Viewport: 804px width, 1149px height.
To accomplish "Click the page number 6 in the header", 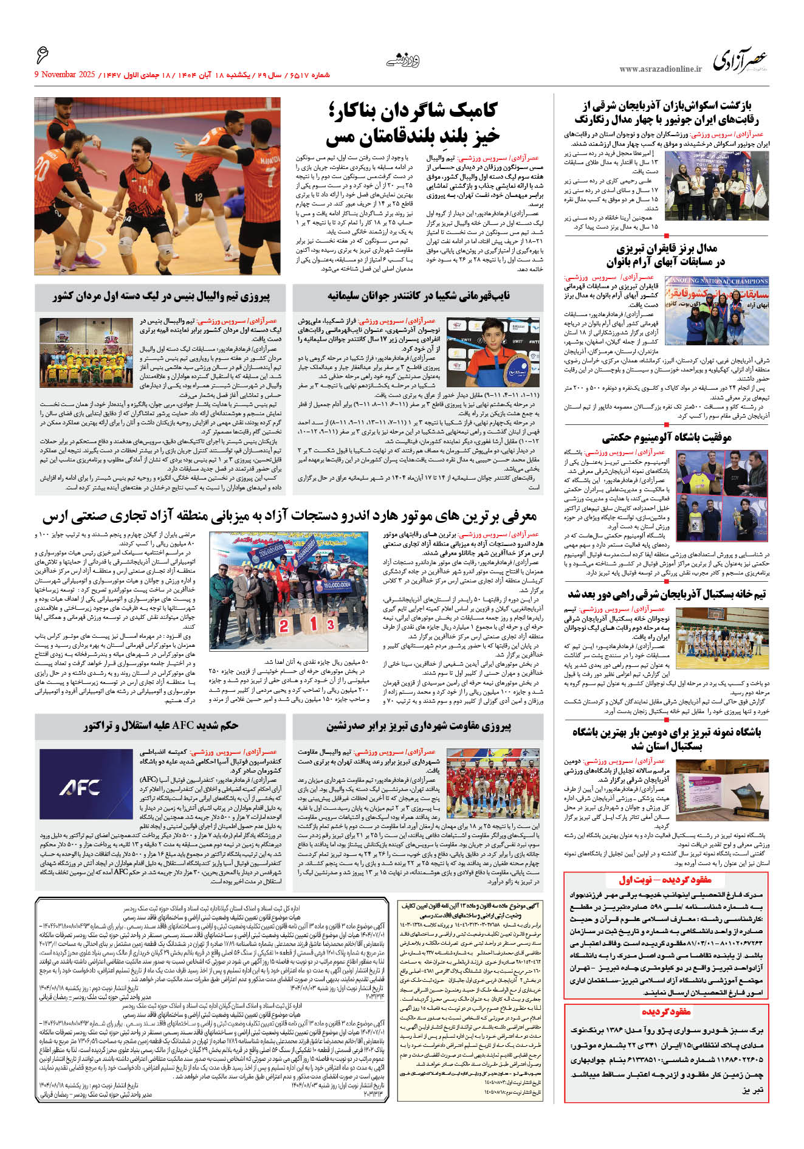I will pyautogui.click(x=43, y=55).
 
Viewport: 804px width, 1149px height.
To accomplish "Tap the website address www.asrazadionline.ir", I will pyautogui.click(x=660, y=69).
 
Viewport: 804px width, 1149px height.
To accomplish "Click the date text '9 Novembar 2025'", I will pyautogui.click(x=65, y=75).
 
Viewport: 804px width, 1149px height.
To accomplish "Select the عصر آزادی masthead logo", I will pyautogui.click(x=740, y=61).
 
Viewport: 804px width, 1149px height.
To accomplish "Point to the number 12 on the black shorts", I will pyautogui.click(x=199, y=197).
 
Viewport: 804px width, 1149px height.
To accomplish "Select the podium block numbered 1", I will pyautogui.click(x=314, y=624).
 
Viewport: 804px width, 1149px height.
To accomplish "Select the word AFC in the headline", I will pyautogui.click(x=183, y=725).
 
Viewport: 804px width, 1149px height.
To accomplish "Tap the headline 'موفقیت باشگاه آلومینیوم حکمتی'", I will pyautogui.click(x=666, y=437).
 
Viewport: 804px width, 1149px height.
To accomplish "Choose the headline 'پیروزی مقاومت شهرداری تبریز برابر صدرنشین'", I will pyautogui.click(x=419, y=726).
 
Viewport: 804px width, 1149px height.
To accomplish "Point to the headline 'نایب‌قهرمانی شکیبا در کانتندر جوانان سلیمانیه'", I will pyautogui.click(x=419, y=296).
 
